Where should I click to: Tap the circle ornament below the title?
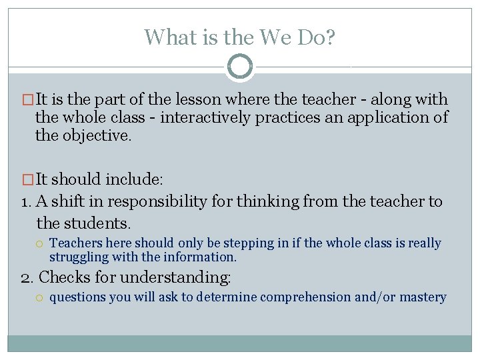coord(240,67)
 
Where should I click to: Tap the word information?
coord(203,257)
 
